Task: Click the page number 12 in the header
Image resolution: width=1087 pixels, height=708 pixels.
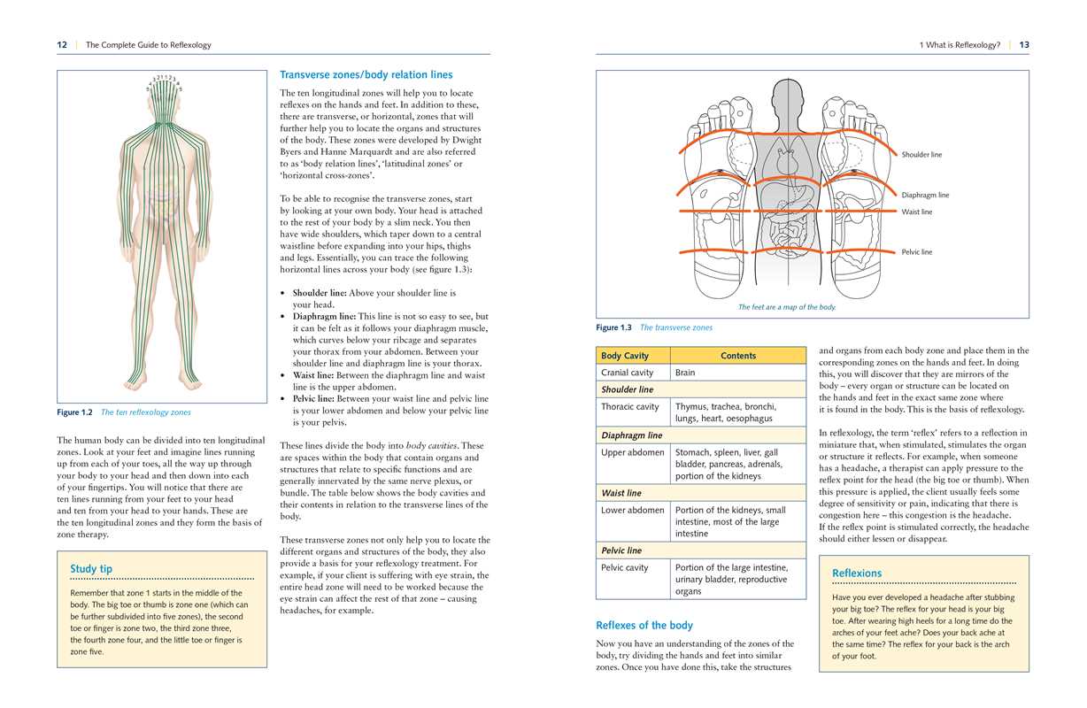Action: point(62,45)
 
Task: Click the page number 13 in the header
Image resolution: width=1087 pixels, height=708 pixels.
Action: point(1023,45)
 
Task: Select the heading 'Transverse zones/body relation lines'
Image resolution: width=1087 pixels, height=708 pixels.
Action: point(366,75)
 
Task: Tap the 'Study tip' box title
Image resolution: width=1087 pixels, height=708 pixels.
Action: point(91,569)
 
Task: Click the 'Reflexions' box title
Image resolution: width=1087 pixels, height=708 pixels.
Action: point(857,573)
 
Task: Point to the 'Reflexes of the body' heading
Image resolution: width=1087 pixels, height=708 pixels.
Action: point(644,626)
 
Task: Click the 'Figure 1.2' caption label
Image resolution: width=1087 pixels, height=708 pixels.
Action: point(75,412)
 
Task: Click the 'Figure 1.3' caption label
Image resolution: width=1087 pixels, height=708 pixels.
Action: point(613,327)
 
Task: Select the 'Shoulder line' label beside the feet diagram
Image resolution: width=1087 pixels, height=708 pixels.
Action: point(921,155)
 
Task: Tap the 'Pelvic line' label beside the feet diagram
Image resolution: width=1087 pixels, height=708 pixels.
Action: point(916,252)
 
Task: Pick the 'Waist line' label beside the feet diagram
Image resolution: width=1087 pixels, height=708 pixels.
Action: point(916,212)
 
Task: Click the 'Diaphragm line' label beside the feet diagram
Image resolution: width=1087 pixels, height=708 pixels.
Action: point(925,195)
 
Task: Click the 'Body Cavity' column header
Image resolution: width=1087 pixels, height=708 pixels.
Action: point(625,356)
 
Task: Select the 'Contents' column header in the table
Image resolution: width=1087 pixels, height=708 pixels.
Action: point(738,356)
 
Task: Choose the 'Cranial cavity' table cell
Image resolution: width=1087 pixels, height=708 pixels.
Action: point(627,373)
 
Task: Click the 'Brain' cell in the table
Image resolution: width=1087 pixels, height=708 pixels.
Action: point(685,373)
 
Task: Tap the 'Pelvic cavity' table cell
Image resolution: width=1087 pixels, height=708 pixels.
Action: point(625,567)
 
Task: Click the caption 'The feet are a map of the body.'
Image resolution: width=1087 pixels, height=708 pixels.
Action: point(787,307)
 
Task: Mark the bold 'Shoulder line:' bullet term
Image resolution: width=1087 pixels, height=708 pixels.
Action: point(320,293)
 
